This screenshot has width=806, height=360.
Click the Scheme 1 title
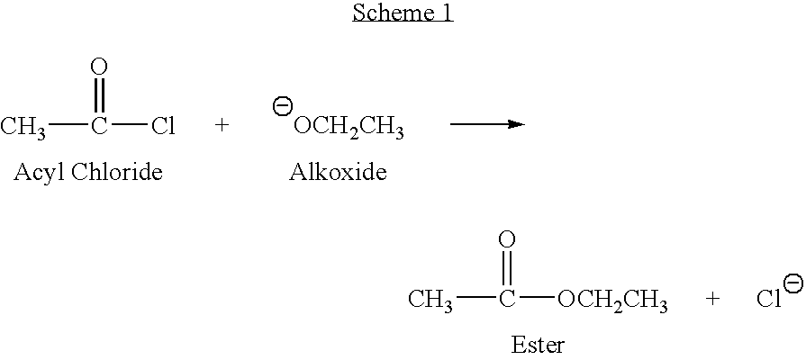click(403, 13)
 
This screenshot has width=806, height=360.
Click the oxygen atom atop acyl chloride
click(99, 67)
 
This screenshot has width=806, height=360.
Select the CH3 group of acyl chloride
click(23, 127)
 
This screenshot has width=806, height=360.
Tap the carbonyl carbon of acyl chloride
click(99, 126)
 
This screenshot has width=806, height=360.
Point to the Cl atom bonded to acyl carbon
click(162, 126)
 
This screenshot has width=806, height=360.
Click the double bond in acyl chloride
click(99, 95)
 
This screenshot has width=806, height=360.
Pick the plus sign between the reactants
click(222, 126)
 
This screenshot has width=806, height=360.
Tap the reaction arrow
click(486, 124)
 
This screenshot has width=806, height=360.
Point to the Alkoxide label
click(338, 173)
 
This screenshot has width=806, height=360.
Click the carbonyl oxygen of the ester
click(507, 239)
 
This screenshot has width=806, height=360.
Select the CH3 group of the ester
click(430, 300)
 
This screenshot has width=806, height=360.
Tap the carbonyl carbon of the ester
click(507, 299)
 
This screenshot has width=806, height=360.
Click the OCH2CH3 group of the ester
click(612, 301)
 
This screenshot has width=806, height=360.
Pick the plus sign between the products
click(712, 299)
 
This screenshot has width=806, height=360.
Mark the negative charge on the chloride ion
click(793, 283)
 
